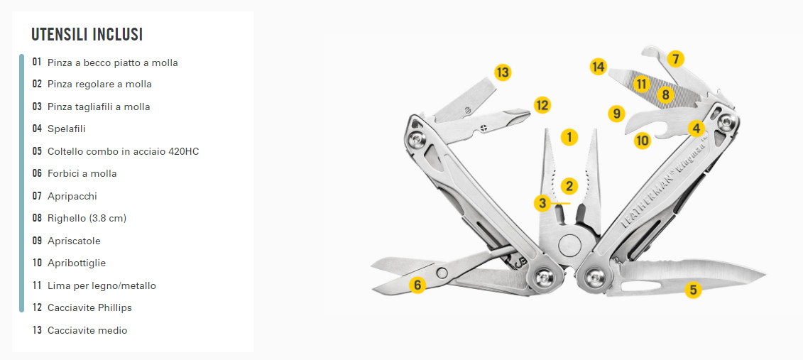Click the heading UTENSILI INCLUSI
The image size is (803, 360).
tap(87, 35)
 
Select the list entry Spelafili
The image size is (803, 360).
tap(67, 129)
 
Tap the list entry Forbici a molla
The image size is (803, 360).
tap(82, 173)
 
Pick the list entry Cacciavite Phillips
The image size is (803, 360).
tap(89, 307)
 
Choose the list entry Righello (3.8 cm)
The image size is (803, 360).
tap(87, 218)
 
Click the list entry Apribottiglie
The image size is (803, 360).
tap(76, 263)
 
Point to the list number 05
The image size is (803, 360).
tap(37, 151)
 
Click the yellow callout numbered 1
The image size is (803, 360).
tap(569, 137)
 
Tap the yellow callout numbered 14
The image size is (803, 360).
tap(598, 67)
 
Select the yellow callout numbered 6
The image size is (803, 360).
tap(417, 284)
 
